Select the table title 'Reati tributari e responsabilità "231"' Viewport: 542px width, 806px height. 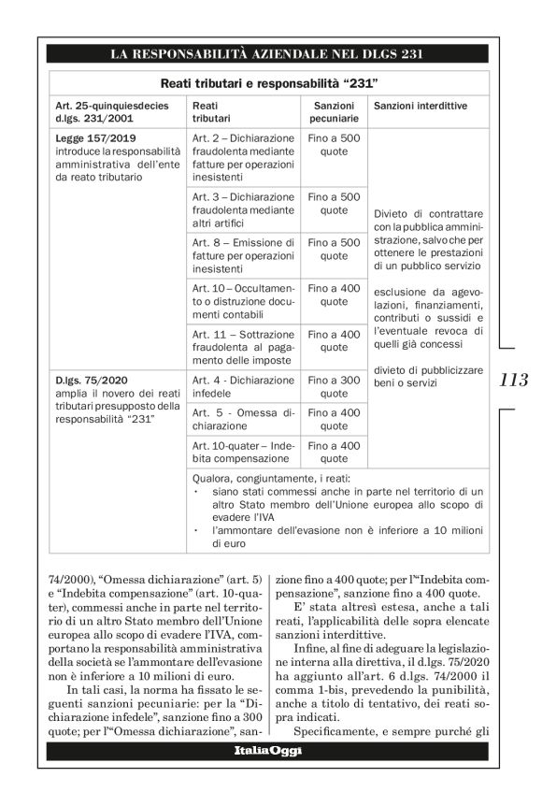pyautogui.click(x=269, y=83)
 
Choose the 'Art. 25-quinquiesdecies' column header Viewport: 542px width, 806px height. pyautogui.click(x=114, y=113)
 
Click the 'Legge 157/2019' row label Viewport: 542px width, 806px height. pyautogui.click(x=85, y=137)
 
